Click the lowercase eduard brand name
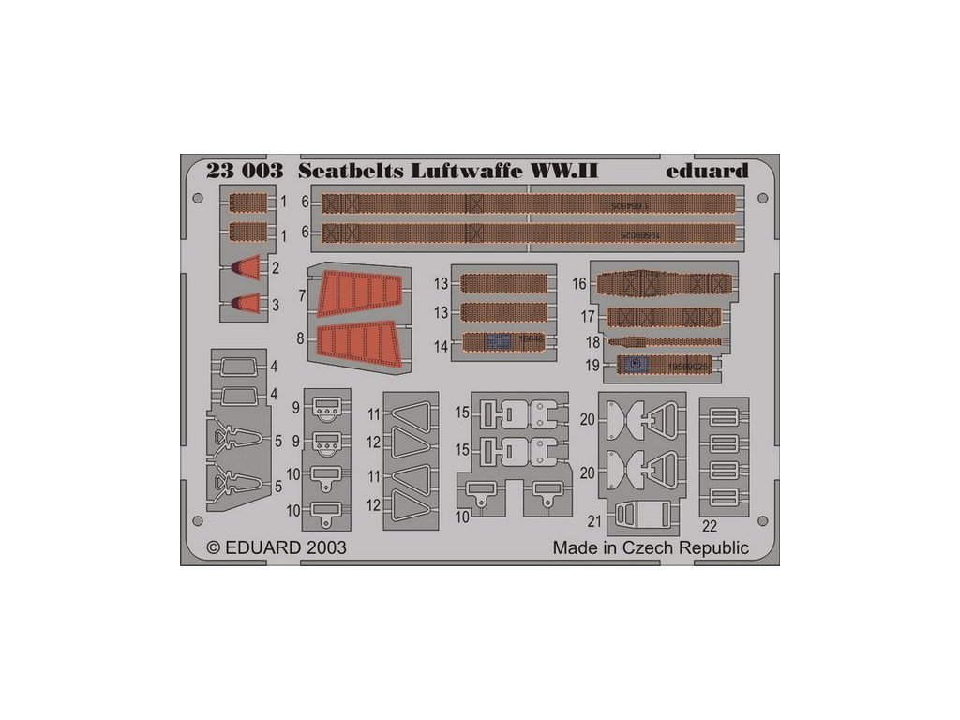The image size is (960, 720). pyautogui.click(x=709, y=172)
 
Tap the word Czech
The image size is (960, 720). pyautogui.click(x=659, y=547)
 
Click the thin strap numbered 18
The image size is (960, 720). pyautogui.click(x=666, y=341)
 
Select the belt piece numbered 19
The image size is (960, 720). pyautogui.click(x=664, y=366)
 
